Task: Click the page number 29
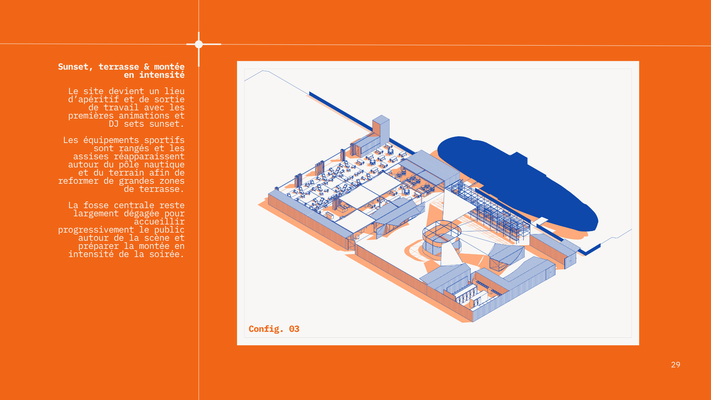pos(675,364)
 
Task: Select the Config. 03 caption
pos(274,329)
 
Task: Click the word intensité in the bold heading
pos(162,75)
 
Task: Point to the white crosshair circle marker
pos(199,44)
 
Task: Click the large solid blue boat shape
pos(518,181)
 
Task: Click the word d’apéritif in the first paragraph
pos(94,99)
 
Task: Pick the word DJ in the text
pos(114,124)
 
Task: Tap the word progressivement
pos(96,230)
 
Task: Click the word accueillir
pos(159,221)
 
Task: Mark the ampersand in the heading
pos(147,67)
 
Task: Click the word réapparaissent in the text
pos(149,156)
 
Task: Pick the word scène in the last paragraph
pos(162,238)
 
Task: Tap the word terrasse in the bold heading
pos(119,67)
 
